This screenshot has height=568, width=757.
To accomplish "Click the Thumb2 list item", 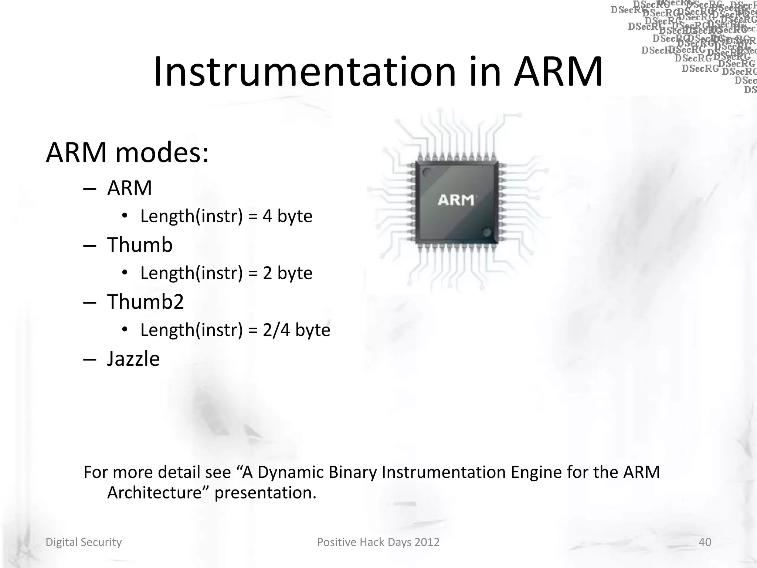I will [x=145, y=301].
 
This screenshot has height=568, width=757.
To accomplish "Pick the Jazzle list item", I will [x=133, y=358].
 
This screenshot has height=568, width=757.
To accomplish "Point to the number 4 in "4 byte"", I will [x=267, y=216].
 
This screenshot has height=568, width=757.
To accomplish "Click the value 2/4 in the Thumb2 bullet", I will [x=276, y=330].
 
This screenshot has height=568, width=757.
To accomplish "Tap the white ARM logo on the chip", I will [x=456, y=200].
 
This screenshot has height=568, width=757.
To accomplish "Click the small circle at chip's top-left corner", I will [x=427, y=172].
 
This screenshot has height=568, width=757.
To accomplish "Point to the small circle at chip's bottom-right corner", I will [x=486, y=232].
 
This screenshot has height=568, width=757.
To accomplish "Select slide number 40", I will [x=705, y=542].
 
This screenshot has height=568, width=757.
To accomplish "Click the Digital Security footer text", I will [x=84, y=542].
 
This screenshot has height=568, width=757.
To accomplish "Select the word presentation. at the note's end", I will [x=265, y=493].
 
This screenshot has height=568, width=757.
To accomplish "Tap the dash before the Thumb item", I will [x=90, y=246].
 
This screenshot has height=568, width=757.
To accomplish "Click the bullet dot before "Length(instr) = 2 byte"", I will [x=125, y=273].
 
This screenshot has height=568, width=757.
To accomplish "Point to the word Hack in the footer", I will [x=372, y=542].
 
